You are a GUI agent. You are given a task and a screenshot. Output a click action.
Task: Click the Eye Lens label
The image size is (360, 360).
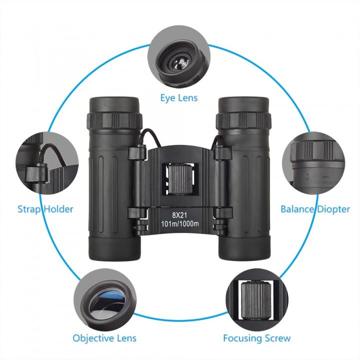click(179, 97)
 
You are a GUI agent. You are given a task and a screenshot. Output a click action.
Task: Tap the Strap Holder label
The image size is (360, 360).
click(45, 209)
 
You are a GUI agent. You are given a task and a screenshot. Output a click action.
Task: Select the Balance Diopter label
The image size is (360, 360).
click(315, 209)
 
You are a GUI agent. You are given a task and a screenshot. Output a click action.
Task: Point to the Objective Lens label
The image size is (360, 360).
click(104, 338)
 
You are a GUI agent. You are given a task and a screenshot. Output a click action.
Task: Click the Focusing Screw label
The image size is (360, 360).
click(257, 338)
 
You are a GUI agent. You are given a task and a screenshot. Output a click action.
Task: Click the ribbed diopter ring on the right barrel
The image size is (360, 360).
click(243, 120)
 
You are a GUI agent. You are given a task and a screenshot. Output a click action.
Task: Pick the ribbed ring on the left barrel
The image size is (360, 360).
click(114, 120)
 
